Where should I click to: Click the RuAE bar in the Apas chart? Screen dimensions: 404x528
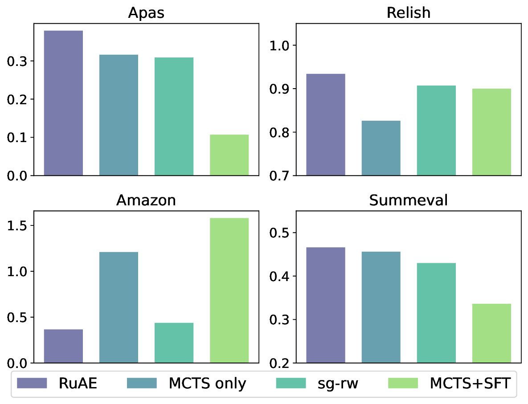point(63,103)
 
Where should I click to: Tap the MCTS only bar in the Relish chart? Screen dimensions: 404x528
point(381,148)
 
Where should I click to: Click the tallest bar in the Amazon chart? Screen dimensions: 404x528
point(229,290)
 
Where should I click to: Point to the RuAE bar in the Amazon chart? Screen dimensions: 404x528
point(63,346)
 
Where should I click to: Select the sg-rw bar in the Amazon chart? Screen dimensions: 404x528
point(174,343)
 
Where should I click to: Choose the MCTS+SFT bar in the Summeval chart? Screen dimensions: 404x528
point(491,333)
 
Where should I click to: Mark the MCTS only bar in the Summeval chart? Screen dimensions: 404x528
point(381,307)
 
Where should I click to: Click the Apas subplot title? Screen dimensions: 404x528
point(146,12)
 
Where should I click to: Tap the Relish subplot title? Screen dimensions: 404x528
point(409,12)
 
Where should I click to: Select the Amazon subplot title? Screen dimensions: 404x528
point(146,200)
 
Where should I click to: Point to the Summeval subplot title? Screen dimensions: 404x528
point(409,200)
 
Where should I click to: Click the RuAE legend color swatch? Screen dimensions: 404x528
point(32,383)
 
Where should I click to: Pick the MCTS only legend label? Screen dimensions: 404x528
point(207,383)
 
